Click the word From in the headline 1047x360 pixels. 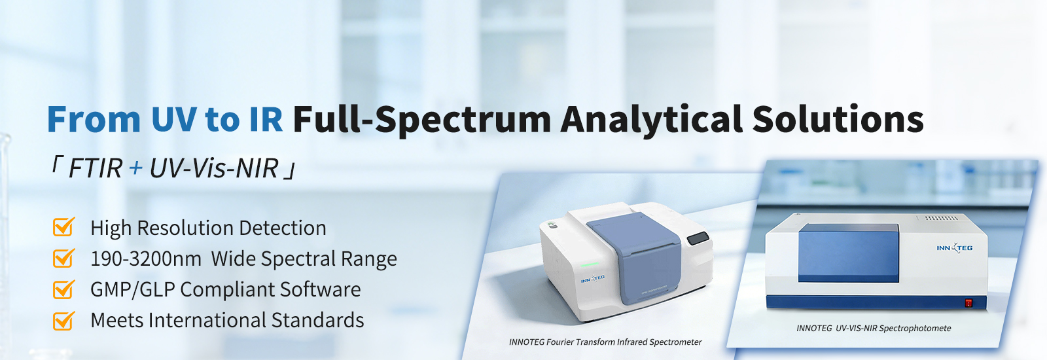94,120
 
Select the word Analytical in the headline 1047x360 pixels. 652,120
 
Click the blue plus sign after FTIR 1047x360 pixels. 135,168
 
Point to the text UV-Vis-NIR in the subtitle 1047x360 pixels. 214,168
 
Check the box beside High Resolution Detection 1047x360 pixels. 63,226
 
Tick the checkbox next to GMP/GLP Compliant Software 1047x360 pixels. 63,289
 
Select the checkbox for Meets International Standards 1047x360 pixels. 63,321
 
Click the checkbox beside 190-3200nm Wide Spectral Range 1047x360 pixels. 63,258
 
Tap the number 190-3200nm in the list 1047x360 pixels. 146,259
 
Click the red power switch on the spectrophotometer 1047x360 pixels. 968,303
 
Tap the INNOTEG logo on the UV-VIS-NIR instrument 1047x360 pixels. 955,248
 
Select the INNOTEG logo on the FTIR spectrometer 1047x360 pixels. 593,279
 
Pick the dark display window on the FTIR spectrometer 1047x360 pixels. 698,238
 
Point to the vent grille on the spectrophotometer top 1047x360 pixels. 942,218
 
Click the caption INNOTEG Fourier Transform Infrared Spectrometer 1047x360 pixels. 605,342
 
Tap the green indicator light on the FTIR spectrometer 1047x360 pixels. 590,264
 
